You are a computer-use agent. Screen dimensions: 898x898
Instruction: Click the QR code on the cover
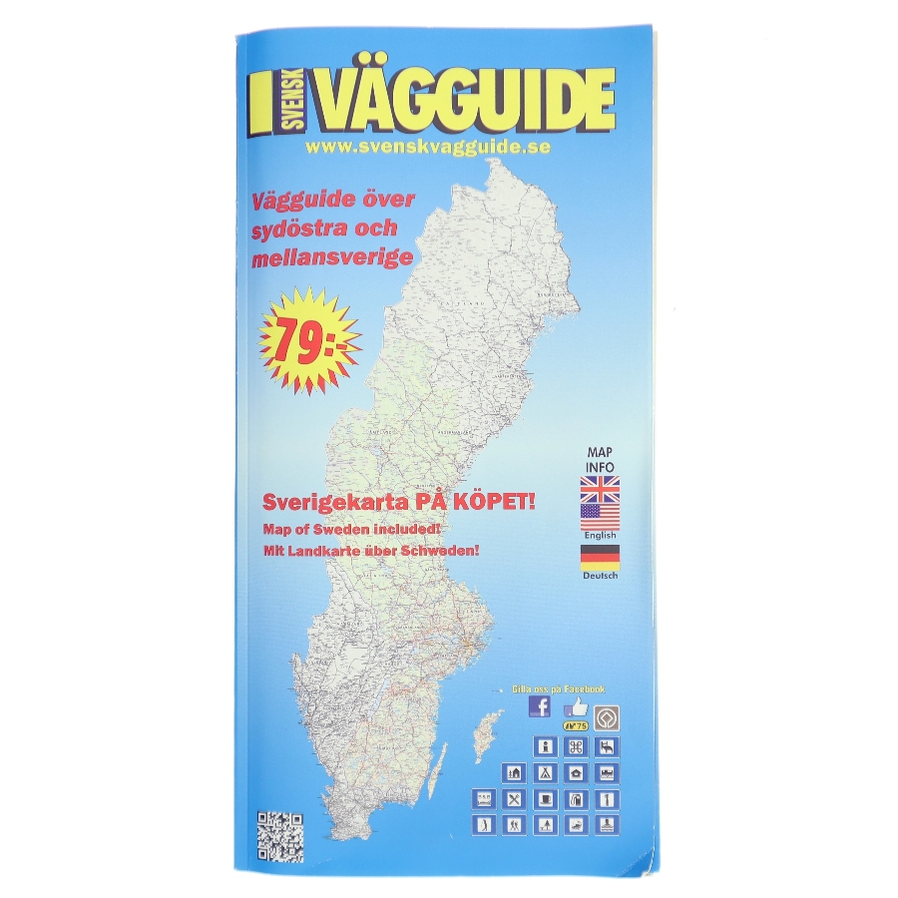coord(280,837)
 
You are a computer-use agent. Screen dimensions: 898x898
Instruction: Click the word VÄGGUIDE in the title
coord(465,102)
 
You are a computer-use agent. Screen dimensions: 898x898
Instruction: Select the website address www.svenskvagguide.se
coord(429,146)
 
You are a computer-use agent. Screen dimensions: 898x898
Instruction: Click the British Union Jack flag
coord(599,488)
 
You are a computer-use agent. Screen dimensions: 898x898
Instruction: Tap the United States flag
coord(599,516)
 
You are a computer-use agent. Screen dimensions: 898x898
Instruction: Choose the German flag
coord(599,556)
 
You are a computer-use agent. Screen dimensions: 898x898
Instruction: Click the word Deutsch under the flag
coord(599,576)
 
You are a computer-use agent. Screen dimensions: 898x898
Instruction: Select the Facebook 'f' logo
coord(539,706)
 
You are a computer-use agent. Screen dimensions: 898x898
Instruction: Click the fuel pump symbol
coord(577,798)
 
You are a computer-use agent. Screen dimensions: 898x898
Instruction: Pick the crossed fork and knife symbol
coord(515,798)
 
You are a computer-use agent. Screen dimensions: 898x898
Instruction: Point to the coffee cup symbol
coord(546,798)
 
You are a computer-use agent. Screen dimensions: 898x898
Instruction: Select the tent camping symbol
coord(546,772)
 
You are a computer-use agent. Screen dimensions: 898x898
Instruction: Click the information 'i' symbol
coord(546,745)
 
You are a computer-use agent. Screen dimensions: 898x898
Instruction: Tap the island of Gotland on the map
coord(488,734)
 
